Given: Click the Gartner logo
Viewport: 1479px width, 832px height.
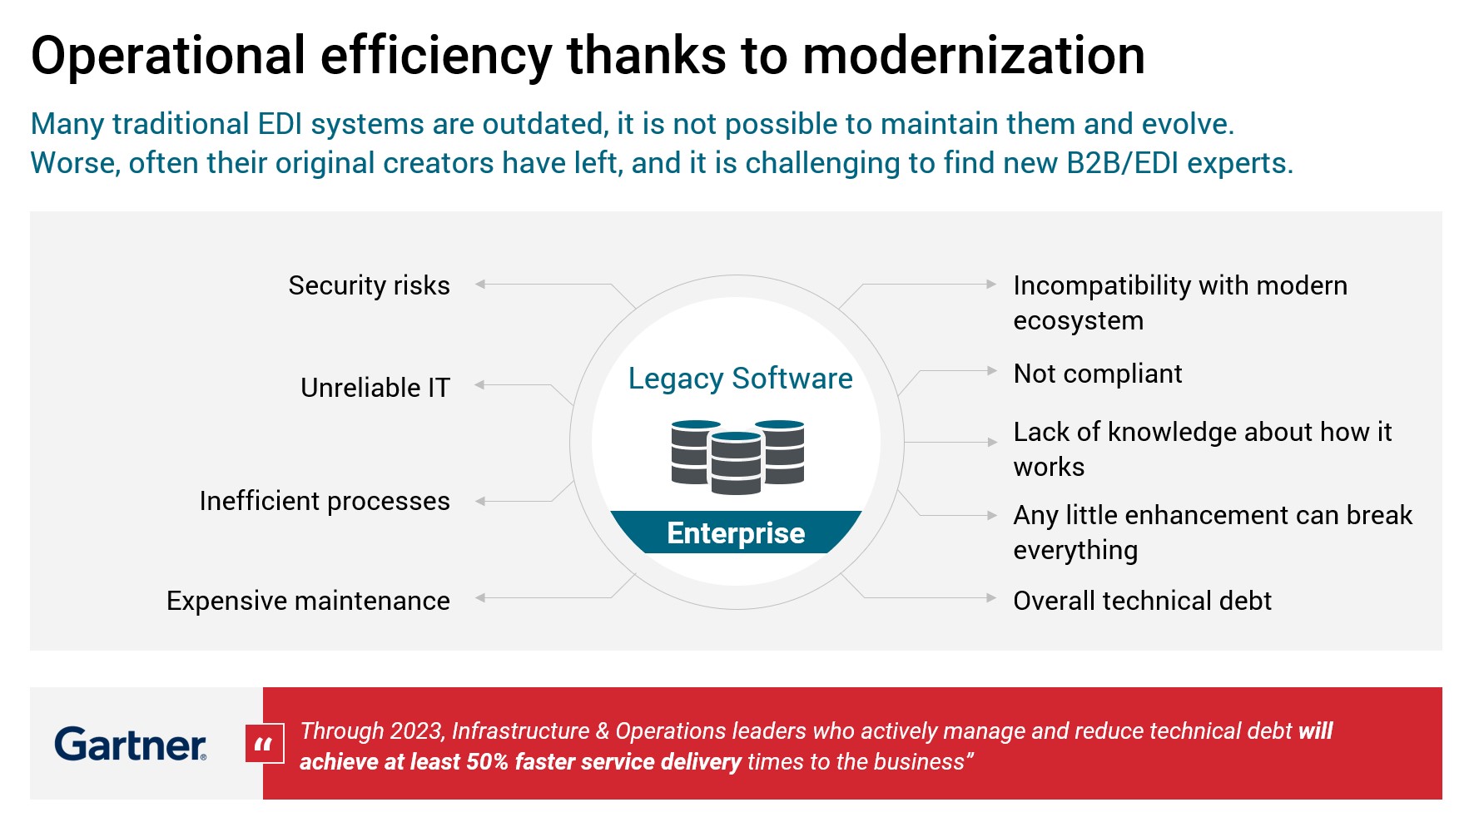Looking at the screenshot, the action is tap(130, 744).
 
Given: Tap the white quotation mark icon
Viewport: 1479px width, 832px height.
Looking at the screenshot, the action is tap(265, 744).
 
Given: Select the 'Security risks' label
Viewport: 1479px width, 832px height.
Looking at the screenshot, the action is tap(369, 285).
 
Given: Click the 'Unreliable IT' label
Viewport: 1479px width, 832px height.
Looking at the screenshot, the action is tap(375, 388).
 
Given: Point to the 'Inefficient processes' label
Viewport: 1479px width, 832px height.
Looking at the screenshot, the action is tap(325, 501).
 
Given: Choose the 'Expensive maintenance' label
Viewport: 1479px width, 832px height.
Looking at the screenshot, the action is tap(308, 601).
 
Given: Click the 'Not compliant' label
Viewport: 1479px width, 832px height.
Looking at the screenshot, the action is tap(1098, 374).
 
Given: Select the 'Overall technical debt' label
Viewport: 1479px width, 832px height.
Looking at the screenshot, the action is tap(1142, 601).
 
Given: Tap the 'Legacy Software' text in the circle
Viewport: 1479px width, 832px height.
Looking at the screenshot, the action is tap(740, 379).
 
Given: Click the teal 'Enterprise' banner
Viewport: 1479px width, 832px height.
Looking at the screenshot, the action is tap(736, 532).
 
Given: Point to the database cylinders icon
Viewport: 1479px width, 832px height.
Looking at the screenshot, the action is tap(737, 457).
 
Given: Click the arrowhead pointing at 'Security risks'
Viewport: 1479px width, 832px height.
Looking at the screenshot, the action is tap(480, 285).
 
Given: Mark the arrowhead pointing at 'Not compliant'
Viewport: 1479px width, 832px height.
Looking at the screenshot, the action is tap(991, 371).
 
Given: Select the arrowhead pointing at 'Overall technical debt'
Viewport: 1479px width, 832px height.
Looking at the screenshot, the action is tap(991, 598).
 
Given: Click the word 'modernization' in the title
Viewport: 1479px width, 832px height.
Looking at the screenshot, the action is tap(973, 57).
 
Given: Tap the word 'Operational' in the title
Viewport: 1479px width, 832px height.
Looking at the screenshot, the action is tap(168, 57).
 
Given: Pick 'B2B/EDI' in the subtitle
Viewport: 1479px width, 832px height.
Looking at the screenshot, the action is tap(1122, 163).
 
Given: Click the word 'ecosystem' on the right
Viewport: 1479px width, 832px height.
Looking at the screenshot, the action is tap(1078, 321).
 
